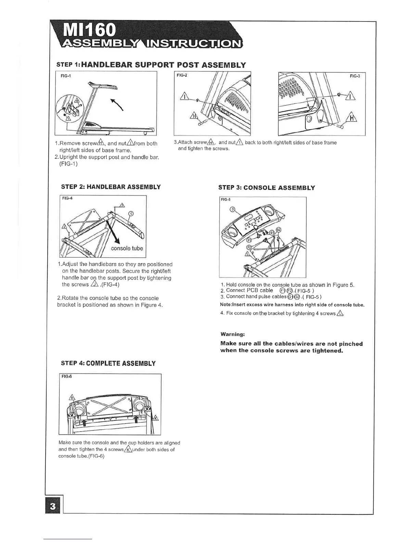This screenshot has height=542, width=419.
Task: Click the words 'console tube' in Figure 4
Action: pos(127,248)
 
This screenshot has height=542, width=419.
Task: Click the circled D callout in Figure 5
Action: pos(233,209)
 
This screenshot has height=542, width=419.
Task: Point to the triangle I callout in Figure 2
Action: pos(185,97)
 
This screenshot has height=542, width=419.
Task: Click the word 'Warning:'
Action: pos(232,334)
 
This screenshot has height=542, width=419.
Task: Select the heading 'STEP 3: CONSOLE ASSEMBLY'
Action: pos(266,188)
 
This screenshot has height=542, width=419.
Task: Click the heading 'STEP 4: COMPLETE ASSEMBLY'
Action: pos(108,363)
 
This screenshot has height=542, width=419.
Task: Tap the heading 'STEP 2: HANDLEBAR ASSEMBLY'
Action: pos(111,187)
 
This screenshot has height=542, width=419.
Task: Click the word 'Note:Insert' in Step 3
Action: pos(233,305)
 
